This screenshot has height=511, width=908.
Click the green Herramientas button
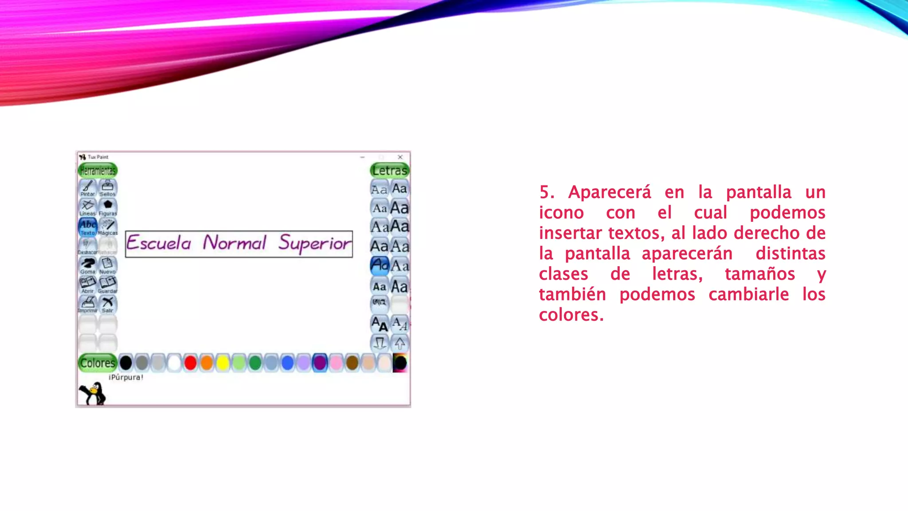click(x=98, y=170)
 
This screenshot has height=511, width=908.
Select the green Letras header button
click(x=389, y=170)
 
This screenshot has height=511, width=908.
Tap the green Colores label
click(x=98, y=363)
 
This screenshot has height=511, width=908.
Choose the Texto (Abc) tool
click(x=88, y=227)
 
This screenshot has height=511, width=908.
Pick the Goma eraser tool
click(x=88, y=265)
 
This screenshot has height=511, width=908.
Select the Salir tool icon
click(x=108, y=304)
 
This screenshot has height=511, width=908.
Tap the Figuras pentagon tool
click(x=108, y=207)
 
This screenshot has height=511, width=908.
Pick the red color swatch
click(x=190, y=363)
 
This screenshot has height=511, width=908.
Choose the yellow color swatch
click(x=223, y=363)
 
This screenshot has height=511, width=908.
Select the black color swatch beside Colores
click(x=126, y=363)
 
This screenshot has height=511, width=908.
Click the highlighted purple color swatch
click(x=320, y=363)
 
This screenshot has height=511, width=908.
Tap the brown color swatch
click(x=352, y=363)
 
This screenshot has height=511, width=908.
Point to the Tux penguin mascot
click(x=93, y=393)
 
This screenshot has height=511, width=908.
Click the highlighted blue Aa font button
click(x=380, y=265)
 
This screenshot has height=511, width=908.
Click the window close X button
click(x=400, y=157)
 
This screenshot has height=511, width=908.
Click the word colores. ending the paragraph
click(x=571, y=315)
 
